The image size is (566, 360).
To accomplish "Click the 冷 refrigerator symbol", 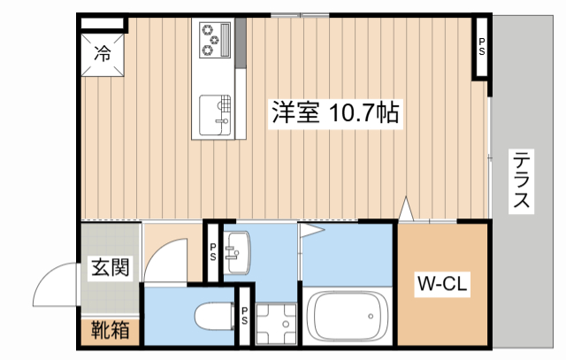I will tap(103, 54).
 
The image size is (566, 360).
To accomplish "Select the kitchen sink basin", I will tap(214, 112).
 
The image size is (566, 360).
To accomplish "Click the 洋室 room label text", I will tap(295, 113).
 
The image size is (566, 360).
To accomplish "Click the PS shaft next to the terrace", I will tap(482, 47).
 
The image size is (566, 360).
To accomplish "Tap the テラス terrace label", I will tap(524, 180).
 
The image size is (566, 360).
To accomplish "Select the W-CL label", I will tap(442, 285).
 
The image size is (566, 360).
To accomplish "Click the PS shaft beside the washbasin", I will tap(213, 251).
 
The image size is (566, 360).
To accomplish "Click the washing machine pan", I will tap(276, 324).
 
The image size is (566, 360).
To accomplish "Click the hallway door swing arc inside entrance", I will tap(164, 261).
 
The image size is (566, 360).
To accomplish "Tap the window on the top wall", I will tap(299, 14).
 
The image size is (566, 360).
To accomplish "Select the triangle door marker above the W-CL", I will tap(406, 210).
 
